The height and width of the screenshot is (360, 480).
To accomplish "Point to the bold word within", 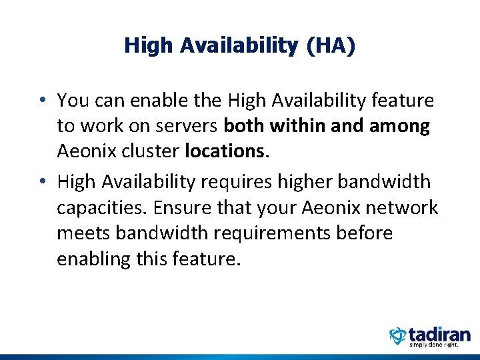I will [298, 127].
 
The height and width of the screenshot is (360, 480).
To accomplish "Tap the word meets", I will [83, 233].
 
